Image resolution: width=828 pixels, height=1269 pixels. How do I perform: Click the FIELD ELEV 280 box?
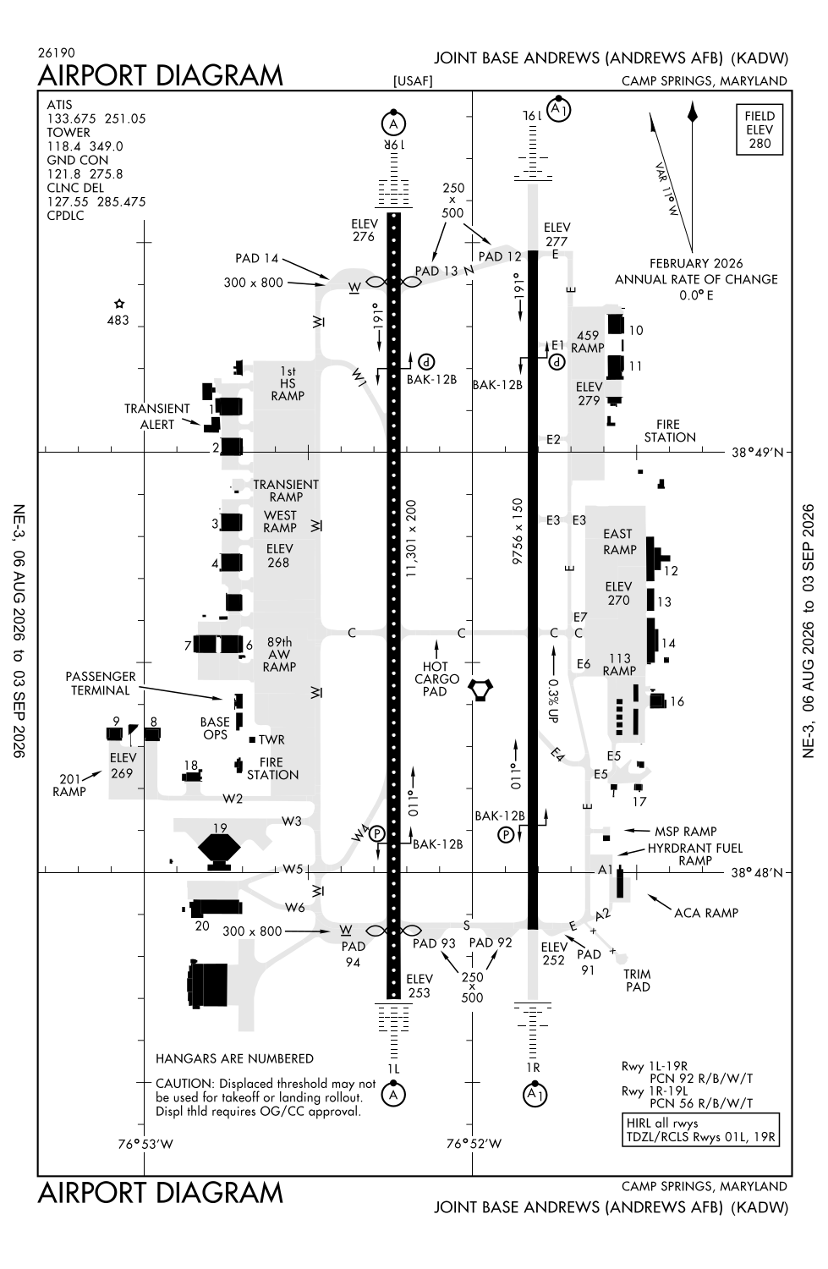click(x=759, y=129)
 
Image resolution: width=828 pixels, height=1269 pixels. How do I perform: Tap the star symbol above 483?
click(x=119, y=304)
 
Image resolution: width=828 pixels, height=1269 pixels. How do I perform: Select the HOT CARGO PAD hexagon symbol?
click(x=480, y=689)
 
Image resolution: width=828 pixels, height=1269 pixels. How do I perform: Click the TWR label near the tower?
click(x=271, y=739)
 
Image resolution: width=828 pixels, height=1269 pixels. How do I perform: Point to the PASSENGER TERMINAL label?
click(x=101, y=684)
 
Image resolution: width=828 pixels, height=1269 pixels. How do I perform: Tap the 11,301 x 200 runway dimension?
click(x=411, y=538)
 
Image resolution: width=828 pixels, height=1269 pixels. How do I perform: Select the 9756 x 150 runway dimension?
click(x=517, y=530)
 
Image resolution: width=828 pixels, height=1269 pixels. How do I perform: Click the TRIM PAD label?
click(x=637, y=980)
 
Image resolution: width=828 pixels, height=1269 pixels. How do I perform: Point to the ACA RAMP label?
click(x=705, y=913)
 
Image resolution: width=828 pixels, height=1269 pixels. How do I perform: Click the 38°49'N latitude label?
click(x=757, y=452)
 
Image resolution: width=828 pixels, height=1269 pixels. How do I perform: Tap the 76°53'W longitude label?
click(x=145, y=1144)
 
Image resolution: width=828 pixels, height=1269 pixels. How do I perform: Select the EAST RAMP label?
click(x=620, y=541)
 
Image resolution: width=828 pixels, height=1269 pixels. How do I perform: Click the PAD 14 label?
click(x=257, y=258)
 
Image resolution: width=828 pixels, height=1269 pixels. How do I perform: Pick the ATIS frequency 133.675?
click(x=68, y=118)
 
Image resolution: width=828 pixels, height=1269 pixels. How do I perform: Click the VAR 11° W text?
click(x=666, y=190)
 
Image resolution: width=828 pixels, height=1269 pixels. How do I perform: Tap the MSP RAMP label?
click(x=685, y=831)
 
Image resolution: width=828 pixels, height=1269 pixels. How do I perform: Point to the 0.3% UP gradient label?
click(x=553, y=700)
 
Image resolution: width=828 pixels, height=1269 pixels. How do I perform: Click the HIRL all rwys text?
click(x=662, y=1123)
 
